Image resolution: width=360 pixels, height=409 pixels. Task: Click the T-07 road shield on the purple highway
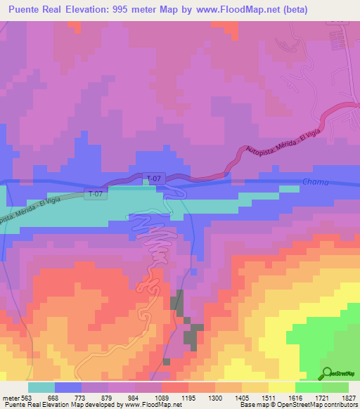(x=155, y=178)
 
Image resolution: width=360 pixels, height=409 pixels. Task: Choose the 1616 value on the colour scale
(x=286, y=397)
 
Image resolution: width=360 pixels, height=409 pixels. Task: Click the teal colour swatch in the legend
(x=41, y=387)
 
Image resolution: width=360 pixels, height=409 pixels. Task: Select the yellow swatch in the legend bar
(x=281, y=387)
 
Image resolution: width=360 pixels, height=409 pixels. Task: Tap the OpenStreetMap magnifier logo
(x=326, y=373)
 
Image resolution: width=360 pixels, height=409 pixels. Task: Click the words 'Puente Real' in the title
(x=33, y=8)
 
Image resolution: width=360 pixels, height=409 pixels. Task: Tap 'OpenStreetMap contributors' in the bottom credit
(x=320, y=405)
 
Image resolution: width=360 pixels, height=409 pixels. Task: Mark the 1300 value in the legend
(x=206, y=397)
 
